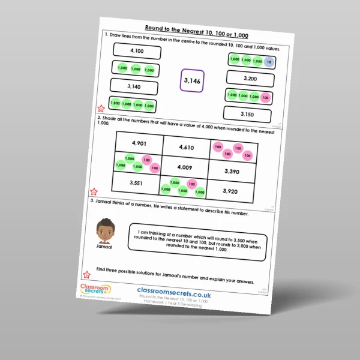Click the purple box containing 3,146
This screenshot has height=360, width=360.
click(192, 80)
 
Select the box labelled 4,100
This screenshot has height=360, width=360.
click(136, 52)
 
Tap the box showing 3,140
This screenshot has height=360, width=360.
click(134, 87)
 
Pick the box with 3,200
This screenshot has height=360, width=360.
click(250, 78)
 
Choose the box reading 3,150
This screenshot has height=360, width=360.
click(247, 113)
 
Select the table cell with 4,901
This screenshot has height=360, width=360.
click(139, 143)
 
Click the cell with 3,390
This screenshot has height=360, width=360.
click(232, 172)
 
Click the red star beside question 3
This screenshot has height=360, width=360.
click(87, 274)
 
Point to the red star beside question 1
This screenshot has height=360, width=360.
click(100, 109)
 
